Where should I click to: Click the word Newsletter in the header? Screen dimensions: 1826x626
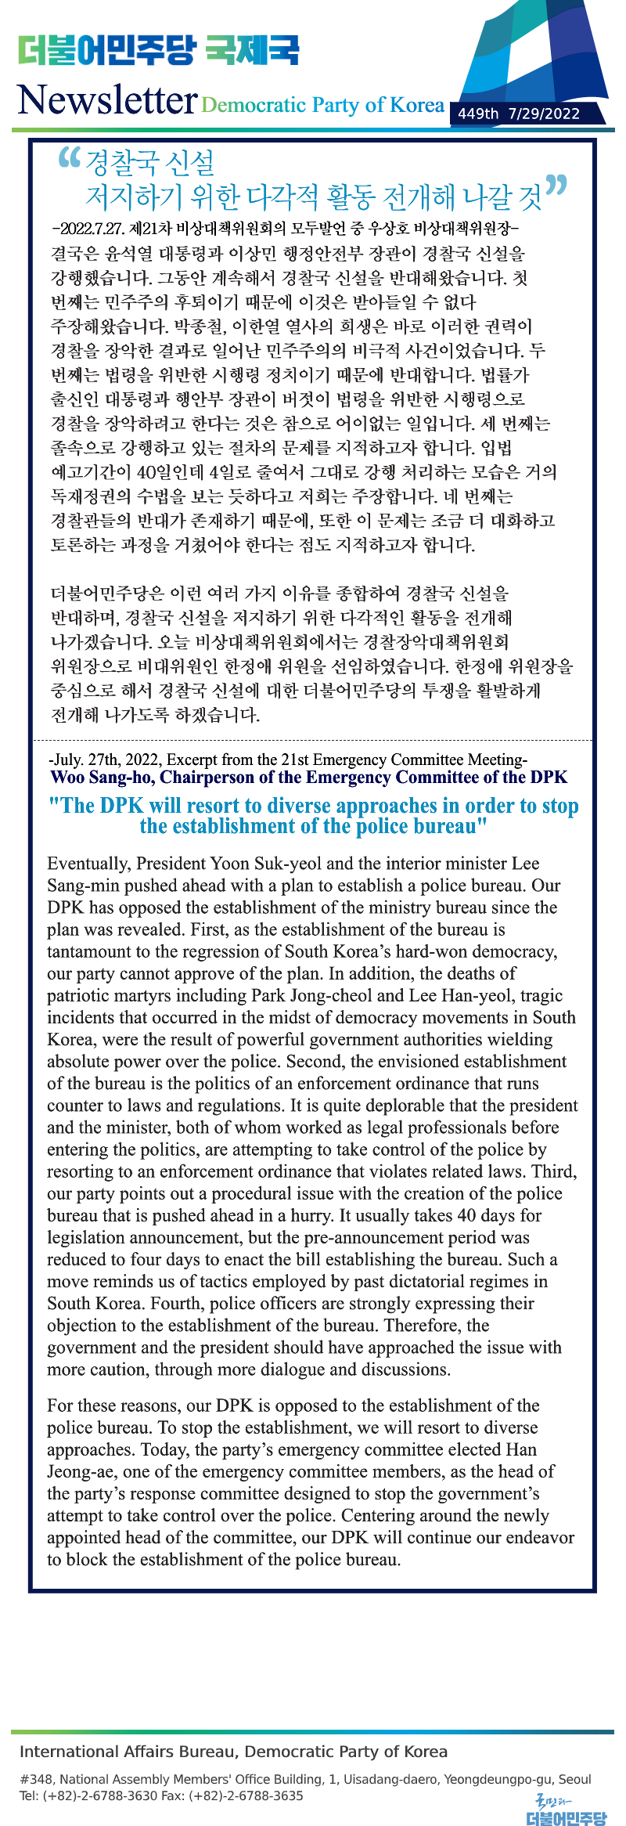point(106,99)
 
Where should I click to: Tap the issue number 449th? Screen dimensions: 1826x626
point(478,114)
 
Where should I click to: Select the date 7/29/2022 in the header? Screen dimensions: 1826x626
point(544,114)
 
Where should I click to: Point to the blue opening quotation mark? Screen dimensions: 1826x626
point(70,158)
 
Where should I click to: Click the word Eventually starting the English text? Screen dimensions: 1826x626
point(88,864)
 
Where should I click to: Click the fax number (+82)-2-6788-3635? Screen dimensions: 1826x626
point(244,1795)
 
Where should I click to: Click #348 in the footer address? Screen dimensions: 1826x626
point(36,1779)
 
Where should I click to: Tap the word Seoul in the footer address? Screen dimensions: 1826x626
point(575,1779)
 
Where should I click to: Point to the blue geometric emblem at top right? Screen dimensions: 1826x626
point(540,55)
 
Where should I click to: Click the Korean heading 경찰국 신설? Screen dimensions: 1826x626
point(149,163)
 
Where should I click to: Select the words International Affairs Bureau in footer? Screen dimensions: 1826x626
point(128,1752)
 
